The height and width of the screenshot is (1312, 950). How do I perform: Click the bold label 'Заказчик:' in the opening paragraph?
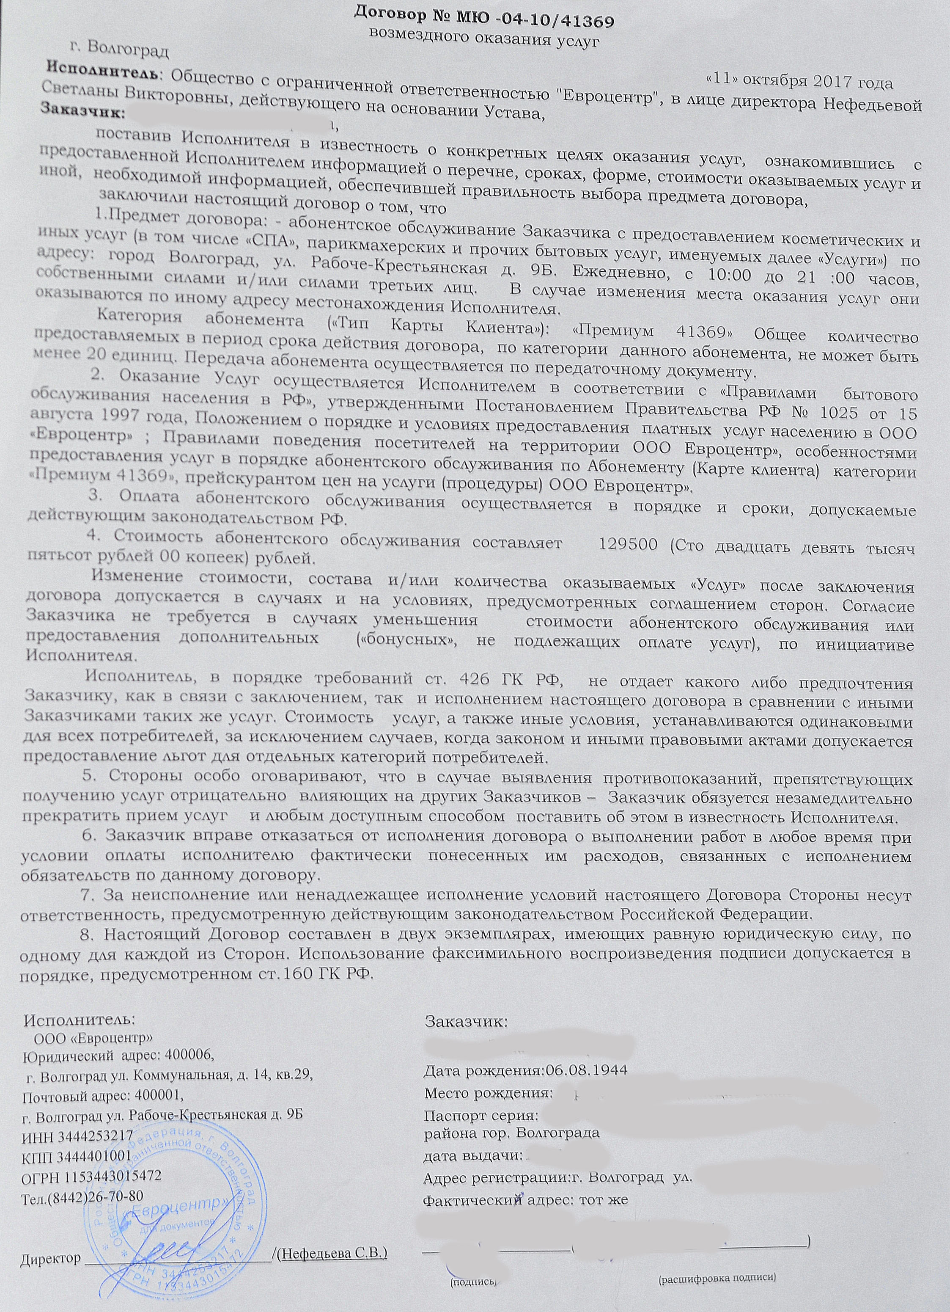click(81, 109)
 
